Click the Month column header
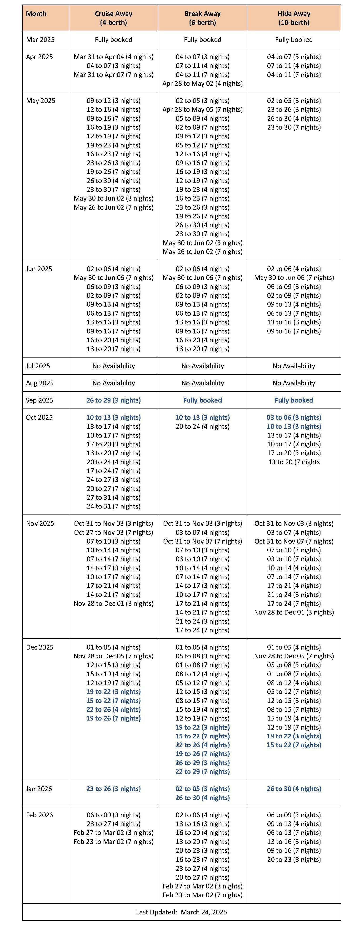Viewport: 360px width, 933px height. tap(36, 14)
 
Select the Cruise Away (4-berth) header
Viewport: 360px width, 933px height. tap(113, 18)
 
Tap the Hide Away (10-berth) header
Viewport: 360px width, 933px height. tap(294, 18)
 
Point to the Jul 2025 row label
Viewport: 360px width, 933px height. tap(38, 366)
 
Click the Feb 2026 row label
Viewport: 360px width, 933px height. tap(39, 815)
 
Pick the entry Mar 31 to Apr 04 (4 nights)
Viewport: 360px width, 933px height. tap(113, 57)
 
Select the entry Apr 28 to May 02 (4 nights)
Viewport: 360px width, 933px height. tap(202, 83)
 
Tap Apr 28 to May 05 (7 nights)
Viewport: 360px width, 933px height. tap(202, 109)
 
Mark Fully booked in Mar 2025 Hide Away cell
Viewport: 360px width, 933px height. tap(294, 40)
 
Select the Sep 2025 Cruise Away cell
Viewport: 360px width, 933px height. tap(113, 400)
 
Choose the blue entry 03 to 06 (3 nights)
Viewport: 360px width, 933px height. tap(294, 417)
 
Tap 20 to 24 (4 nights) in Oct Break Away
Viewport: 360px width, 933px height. tap(202, 426)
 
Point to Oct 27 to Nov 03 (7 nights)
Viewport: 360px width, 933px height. tap(113, 532)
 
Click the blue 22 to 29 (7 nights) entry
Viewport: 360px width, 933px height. tap(202, 772)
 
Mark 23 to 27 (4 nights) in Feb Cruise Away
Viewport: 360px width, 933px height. tap(113, 824)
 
